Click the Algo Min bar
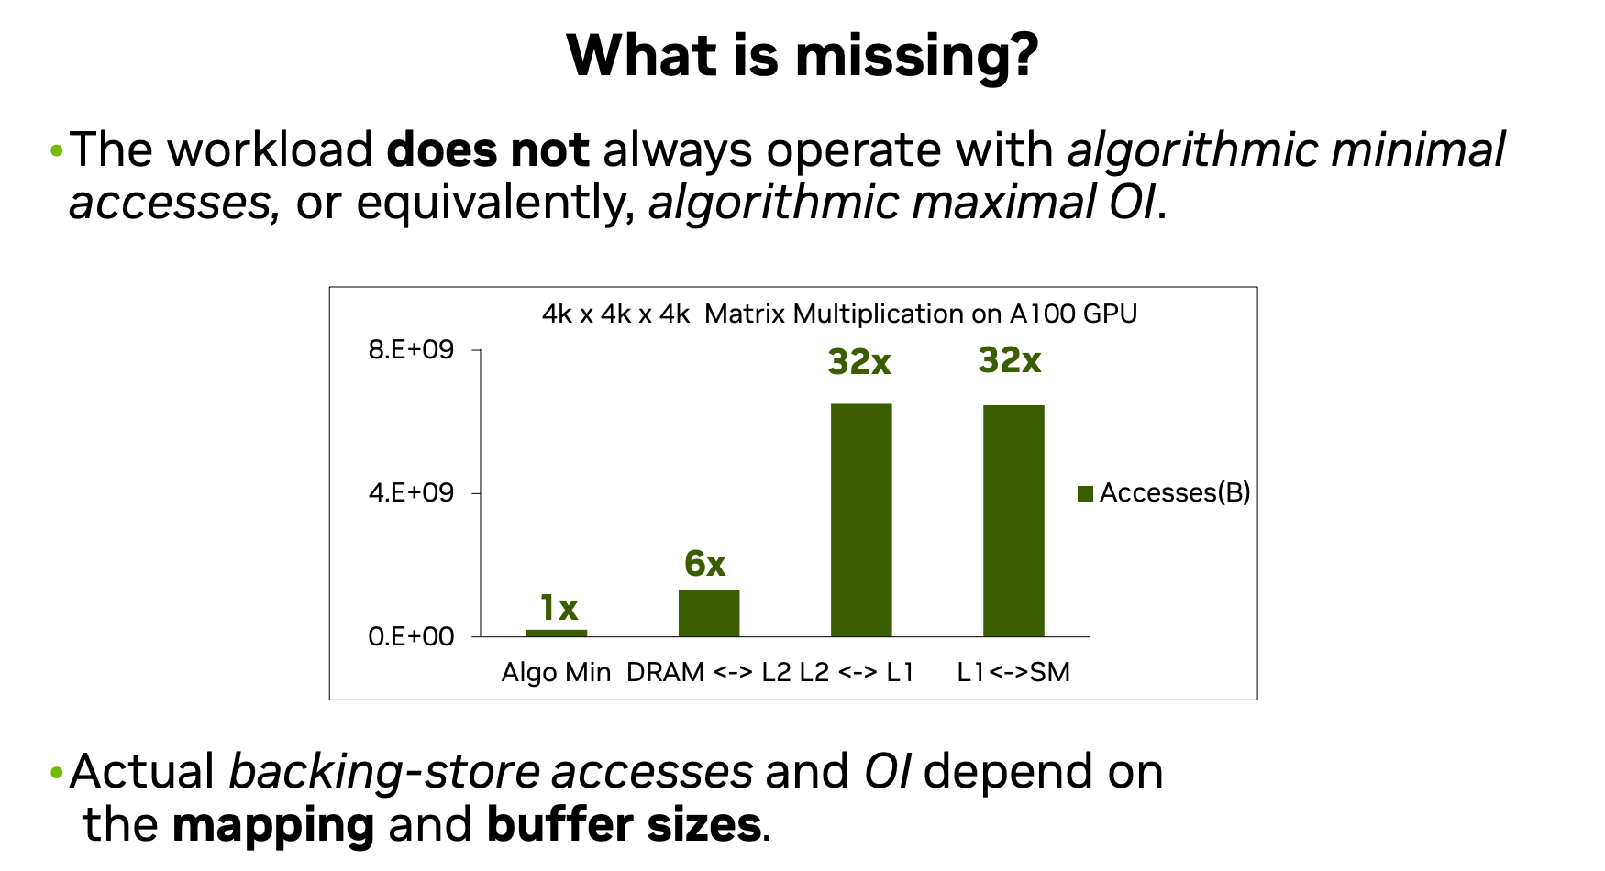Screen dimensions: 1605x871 557,633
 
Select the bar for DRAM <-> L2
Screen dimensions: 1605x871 709,612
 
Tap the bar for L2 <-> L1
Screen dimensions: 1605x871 861,520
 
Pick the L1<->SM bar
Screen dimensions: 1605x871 1013,521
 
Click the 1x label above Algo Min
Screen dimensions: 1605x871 559,608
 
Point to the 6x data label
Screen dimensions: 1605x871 705,564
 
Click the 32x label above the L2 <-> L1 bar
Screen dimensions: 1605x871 859,362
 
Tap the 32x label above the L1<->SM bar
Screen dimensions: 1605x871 1010,360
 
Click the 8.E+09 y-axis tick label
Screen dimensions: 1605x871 411,349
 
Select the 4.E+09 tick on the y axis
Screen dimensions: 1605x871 411,492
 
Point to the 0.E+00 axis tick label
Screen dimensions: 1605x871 411,636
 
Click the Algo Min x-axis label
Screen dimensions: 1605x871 556,672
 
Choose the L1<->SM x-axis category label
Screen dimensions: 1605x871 1013,672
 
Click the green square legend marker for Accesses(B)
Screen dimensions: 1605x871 1085,493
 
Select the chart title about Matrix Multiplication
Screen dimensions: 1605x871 839,314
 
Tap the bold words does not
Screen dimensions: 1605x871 488,149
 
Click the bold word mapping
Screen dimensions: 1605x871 273,825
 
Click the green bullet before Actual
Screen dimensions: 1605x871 57,772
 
